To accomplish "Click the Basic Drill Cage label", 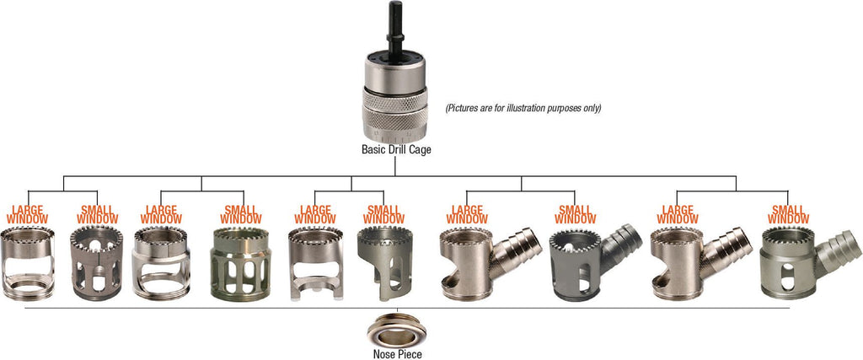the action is pos(396,149).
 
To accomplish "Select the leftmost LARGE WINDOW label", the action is pos(28,215).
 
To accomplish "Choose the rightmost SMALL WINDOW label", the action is pos(789,215).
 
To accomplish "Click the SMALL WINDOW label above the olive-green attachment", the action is pos(240,215).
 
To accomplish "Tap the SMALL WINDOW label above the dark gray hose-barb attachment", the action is pos(576,215).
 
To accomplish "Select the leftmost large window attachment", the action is pos(28,263).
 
